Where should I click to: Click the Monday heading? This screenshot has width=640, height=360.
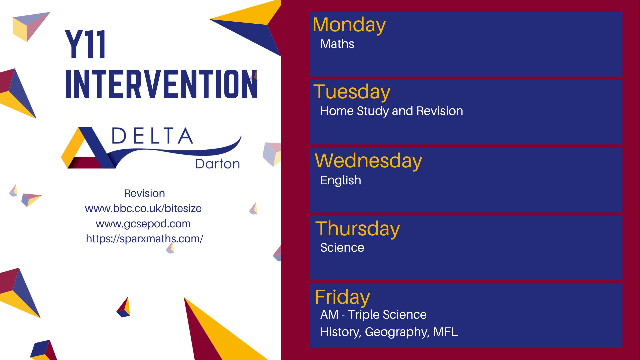349,25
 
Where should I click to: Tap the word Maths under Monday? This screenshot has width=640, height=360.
337,44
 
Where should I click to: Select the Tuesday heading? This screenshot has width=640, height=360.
352,92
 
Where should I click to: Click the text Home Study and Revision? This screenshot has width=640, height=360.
391,111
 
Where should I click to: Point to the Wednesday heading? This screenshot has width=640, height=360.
368,161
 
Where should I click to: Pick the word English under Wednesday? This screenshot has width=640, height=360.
340,180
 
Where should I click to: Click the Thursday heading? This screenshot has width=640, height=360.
357,229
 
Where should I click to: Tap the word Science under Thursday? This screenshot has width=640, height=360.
342,248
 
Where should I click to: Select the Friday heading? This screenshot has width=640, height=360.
342,297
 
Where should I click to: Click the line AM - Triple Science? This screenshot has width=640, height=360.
373,315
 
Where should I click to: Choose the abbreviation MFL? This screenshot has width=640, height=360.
446,332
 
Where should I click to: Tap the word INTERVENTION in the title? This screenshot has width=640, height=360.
161,84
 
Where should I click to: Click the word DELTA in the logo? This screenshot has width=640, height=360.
152,136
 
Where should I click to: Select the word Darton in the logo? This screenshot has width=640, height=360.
217,164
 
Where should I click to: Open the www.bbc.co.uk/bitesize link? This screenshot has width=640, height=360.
143,209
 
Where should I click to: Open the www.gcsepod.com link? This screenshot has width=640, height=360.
143,224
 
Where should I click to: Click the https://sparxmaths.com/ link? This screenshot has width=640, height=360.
144,239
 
